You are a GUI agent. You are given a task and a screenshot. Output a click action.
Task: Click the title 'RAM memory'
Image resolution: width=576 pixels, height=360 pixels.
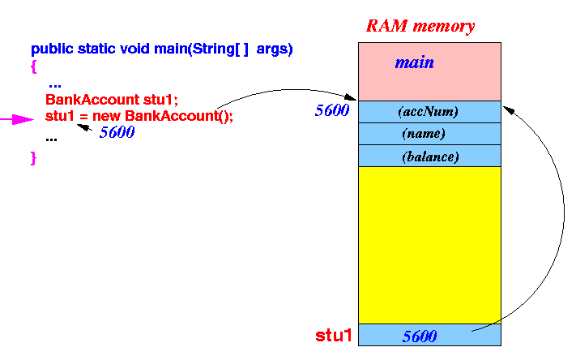coord(420,25)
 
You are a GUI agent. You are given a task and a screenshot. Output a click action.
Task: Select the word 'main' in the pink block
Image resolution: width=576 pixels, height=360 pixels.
coord(414,62)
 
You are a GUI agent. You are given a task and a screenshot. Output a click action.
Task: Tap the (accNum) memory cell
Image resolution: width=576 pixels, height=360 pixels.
coord(429,112)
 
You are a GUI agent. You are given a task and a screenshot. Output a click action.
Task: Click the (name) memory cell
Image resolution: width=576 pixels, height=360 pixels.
coord(429,134)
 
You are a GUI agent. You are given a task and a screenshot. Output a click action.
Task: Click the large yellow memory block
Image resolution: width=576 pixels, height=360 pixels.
coord(429,243)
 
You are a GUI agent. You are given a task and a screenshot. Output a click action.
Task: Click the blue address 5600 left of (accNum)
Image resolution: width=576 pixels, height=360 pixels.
coord(331,111)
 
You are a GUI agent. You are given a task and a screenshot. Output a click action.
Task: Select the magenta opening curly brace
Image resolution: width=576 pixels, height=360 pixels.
coord(34,66)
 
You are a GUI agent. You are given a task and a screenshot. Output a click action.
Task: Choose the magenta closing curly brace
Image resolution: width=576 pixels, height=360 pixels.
coord(34,157)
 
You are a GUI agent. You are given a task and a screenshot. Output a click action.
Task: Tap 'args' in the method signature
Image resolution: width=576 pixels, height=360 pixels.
coord(274,49)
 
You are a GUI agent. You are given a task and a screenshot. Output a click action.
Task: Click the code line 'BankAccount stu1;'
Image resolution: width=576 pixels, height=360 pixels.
coord(111,101)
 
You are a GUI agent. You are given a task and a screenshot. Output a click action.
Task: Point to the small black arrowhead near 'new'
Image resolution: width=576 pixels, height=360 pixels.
coord(81,126)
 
